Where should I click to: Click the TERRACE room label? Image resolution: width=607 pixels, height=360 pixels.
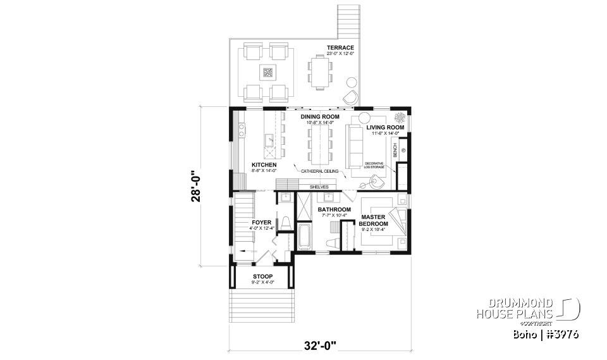point(340,48)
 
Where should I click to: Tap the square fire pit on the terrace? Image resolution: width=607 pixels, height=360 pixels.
point(267,72)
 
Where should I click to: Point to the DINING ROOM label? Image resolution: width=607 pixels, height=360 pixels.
point(320,117)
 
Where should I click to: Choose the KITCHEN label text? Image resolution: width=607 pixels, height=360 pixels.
point(247,164)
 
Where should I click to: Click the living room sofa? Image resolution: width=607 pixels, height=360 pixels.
point(353,146)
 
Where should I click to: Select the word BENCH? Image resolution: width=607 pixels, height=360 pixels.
point(395,151)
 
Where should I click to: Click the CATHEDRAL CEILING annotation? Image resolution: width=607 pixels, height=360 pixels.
point(320,171)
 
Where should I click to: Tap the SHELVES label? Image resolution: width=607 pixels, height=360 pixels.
point(319,187)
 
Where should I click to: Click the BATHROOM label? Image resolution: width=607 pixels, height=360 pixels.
point(334,209)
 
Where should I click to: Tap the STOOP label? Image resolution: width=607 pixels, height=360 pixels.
point(262,276)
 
